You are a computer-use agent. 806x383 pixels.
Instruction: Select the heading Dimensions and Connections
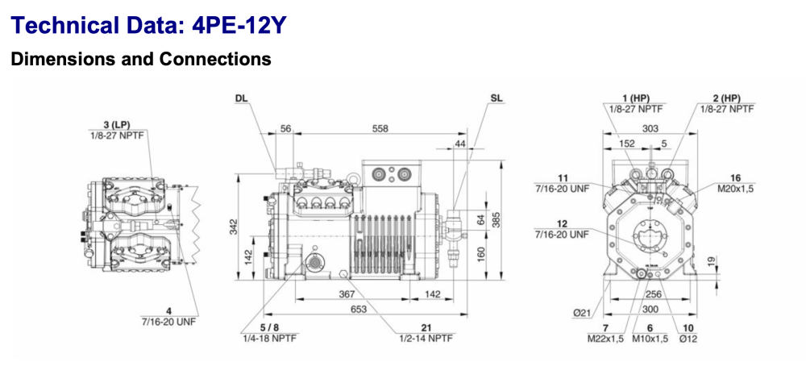pyautogui.click(x=140, y=59)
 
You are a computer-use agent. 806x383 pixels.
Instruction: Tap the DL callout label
pyautogui.click(x=242, y=98)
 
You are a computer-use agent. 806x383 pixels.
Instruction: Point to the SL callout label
pyautogui.click(x=496, y=98)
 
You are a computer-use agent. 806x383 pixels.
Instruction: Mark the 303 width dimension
pyautogui.click(x=650, y=129)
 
